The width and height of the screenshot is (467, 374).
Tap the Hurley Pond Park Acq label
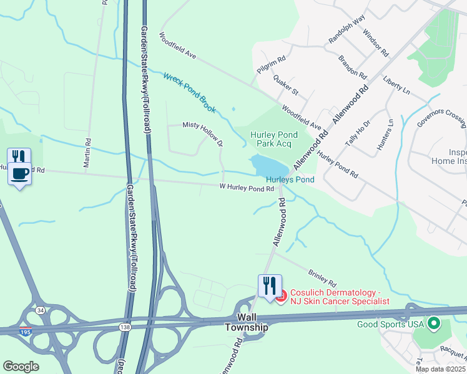tap(274, 139)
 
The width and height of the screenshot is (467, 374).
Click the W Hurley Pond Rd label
tap(247, 188)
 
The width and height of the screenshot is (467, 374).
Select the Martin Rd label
tap(87, 153)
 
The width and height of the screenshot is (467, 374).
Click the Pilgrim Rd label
tap(271, 65)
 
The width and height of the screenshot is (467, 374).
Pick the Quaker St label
tap(286, 85)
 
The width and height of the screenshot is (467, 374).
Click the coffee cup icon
tap(19, 173)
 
